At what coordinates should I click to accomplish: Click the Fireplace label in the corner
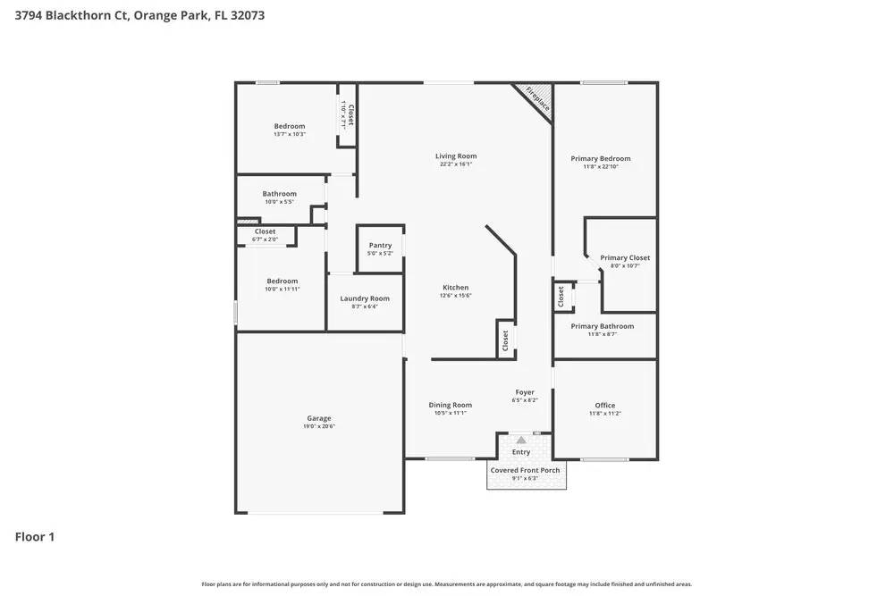click(538, 97)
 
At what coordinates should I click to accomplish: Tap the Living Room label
click(456, 155)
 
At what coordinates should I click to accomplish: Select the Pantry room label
click(380, 245)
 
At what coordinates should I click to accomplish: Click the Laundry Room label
click(365, 298)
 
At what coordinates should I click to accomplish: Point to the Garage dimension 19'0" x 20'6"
click(319, 426)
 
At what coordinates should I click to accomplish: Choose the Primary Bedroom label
click(601, 158)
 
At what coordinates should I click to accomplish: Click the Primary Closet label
click(625, 257)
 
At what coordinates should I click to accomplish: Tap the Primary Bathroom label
click(603, 326)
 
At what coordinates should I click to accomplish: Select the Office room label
click(605, 405)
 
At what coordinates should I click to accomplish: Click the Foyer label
click(525, 392)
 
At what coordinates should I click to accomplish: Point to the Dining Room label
click(451, 405)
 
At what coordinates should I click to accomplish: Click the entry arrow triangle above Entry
click(521, 440)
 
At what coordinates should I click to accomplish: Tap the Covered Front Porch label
click(526, 470)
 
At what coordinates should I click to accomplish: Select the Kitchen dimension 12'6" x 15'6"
click(456, 296)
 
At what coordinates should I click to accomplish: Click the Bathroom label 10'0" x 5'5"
click(280, 194)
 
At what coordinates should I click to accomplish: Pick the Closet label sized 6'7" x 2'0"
click(266, 231)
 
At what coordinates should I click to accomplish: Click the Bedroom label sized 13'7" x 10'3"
click(290, 126)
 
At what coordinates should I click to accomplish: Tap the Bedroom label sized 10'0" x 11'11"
click(283, 281)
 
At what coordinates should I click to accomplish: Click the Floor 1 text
click(35, 537)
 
